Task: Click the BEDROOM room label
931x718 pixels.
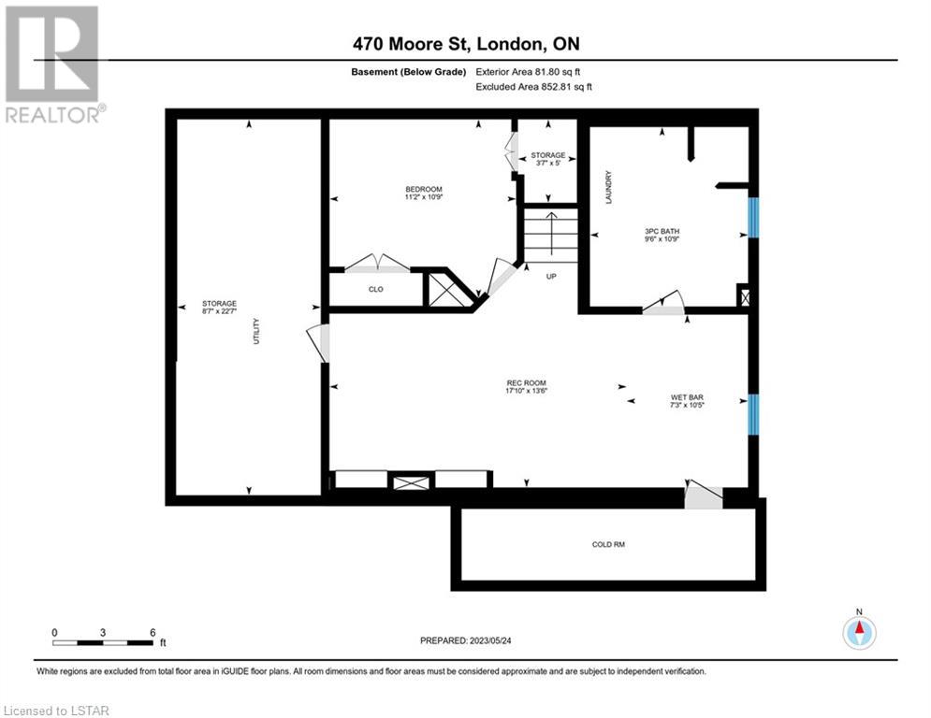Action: click(x=423, y=189)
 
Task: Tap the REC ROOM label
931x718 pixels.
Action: click(x=526, y=383)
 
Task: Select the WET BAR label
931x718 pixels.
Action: click(x=687, y=397)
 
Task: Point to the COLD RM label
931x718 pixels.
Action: click(x=608, y=544)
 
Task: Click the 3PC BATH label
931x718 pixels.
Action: click(x=662, y=232)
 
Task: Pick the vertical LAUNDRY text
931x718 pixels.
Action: click(x=608, y=188)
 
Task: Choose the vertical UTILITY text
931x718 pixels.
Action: click(x=256, y=331)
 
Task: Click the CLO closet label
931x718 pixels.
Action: click(x=376, y=290)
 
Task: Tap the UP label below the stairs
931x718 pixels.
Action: click(x=551, y=277)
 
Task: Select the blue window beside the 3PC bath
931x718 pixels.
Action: click(x=753, y=217)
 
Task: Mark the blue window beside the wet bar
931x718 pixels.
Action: click(x=753, y=414)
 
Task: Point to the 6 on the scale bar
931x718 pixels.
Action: click(x=153, y=633)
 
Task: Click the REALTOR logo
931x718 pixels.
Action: click(x=54, y=65)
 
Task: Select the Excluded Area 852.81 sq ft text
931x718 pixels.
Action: click(x=533, y=87)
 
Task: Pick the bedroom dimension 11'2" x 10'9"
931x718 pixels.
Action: click(x=423, y=197)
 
